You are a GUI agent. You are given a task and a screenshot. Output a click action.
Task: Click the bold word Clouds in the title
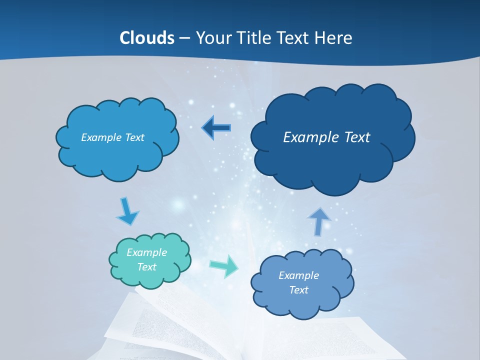[146, 38]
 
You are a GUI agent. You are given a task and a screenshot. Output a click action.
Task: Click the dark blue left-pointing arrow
[216, 128]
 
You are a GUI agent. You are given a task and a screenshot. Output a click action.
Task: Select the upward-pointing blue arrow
[319, 220]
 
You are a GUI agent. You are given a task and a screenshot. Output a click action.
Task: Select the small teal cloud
[150, 260]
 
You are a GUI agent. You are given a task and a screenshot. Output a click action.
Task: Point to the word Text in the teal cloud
[146, 267]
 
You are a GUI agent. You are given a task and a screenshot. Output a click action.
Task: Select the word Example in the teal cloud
[146, 252]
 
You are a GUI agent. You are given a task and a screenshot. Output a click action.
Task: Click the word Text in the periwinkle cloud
[298, 290]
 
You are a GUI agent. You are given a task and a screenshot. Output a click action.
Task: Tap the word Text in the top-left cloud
[134, 137]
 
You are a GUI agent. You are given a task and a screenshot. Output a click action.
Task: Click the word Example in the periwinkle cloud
[298, 275]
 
